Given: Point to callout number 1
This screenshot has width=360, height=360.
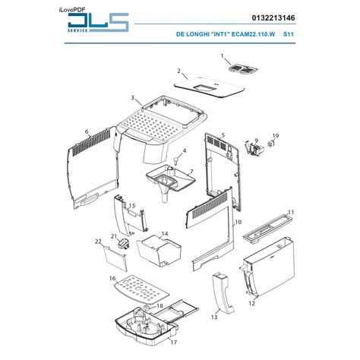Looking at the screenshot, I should (223, 57).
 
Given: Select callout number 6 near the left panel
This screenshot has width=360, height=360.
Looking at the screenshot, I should (87, 131).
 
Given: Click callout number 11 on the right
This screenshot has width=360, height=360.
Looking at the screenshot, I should (290, 213).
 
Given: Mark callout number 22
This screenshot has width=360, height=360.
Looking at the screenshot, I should (98, 242).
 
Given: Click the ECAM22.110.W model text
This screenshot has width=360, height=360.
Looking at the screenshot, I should (251, 35).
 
